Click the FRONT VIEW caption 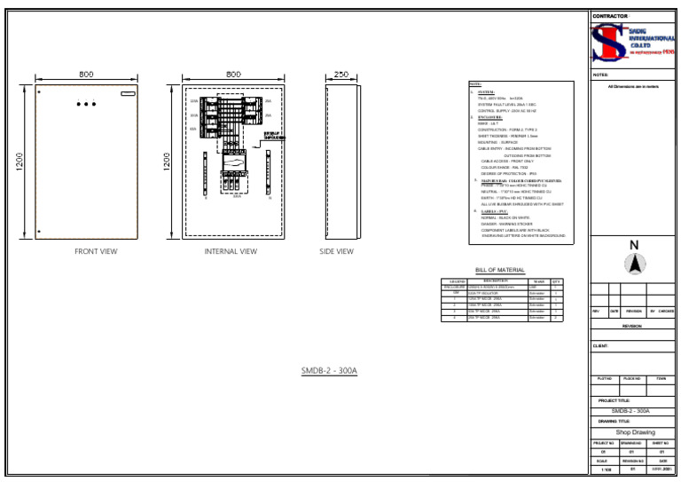[x=96, y=252]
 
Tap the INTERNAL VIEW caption [x=231, y=252]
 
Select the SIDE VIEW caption [x=337, y=252]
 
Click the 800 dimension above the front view [x=86, y=75]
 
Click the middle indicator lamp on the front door [x=86, y=104]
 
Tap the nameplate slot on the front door [x=129, y=93]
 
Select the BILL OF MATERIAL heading [x=500, y=270]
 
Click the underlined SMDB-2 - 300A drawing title [x=329, y=370]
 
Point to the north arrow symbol [x=634, y=264]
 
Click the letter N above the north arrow [x=634, y=245]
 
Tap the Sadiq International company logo [x=633, y=42]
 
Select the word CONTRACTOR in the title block [x=610, y=16]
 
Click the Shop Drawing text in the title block [x=634, y=432]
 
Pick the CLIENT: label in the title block [x=601, y=345]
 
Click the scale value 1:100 [x=606, y=469]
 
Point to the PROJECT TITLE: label [x=614, y=400]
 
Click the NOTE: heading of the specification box [x=475, y=84]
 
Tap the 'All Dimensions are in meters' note [x=634, y=86]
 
